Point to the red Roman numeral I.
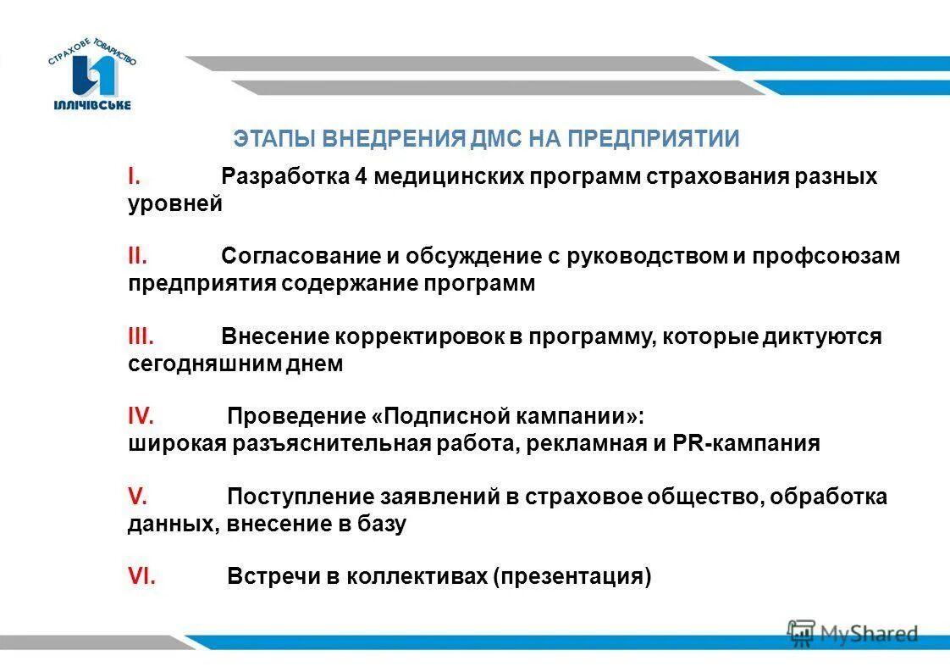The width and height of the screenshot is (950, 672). click(x=133, y=176)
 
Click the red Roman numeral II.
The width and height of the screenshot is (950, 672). click(x=139, y=255)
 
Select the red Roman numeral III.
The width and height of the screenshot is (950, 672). click(x=141, y=336)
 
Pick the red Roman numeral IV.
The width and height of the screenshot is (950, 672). click(x=141, y=416)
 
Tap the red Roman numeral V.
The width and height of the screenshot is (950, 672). click(x=135, y=497)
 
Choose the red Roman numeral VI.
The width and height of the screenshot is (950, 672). click(x=141, y=577)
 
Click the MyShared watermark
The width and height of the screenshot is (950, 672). click(x=853, y=632)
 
